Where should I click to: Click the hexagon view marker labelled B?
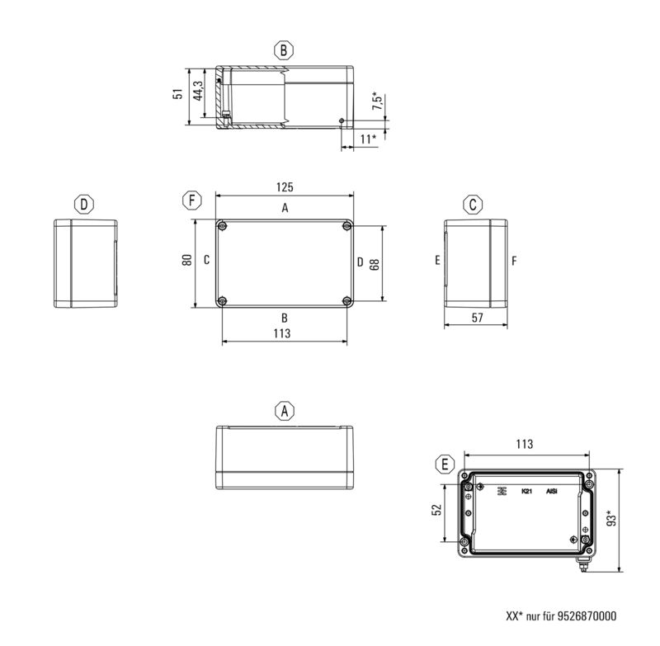[x=284, y=50]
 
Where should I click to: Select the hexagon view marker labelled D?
[x=83, y=204]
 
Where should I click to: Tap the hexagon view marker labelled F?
[x=191, y=200]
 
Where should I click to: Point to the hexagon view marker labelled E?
[x=445, y=464]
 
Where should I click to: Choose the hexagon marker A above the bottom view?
[x=284, y=410]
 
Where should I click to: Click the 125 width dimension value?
[x=285, y=187]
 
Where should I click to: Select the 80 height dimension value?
[x=187, y=260]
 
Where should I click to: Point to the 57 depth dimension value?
[x=477, y=318]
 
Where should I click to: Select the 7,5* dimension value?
[x=376, y=101]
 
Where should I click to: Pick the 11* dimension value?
[x=369, y=139]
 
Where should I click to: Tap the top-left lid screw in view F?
[x=223, y=226]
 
